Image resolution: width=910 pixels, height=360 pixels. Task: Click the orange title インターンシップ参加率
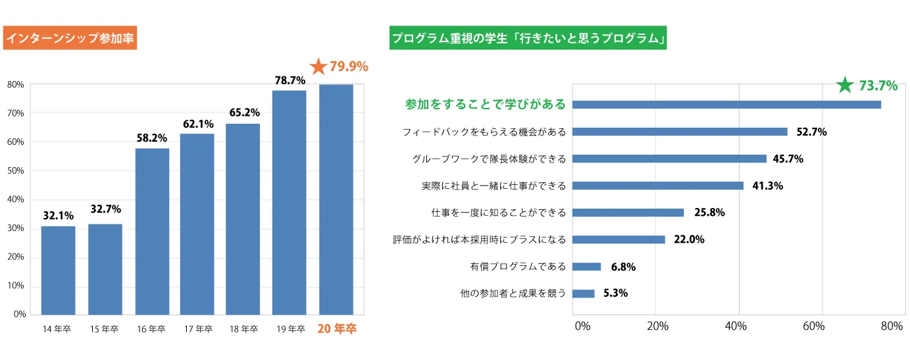tap(70, 39)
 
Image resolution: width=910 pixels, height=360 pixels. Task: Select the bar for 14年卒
tap(58, 270)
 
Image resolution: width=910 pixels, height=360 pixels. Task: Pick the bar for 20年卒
tap(336, 199)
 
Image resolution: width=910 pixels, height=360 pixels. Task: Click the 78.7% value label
tap(290, 80)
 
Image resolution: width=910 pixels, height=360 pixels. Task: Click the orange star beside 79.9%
tap(318, 66)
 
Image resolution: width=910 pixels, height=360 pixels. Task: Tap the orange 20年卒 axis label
tap(337, 329)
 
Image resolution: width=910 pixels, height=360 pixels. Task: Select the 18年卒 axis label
tap(243, 329)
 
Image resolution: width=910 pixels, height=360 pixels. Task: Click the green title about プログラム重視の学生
tap(528, 39)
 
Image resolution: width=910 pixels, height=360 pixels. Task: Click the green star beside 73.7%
tap(845, 86)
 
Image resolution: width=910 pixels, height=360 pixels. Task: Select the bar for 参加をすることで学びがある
tap(726, 105)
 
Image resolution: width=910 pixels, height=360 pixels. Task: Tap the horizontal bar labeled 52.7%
tap(680, 132)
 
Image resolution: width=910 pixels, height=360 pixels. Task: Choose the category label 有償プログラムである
tap(518, 267)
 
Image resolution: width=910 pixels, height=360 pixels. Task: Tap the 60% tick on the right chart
tap(814, 326)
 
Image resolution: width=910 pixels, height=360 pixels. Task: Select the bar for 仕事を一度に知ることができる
tap(628, 213)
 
